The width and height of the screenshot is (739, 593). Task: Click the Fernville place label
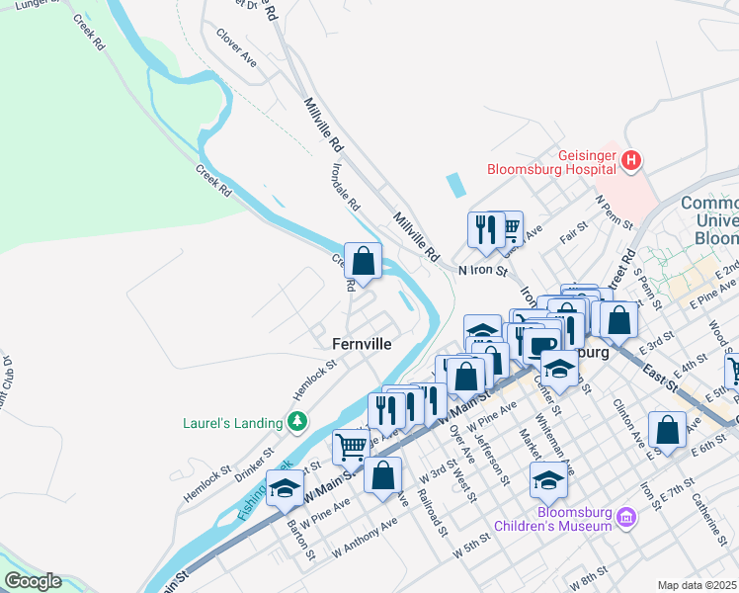[x=360, y=344]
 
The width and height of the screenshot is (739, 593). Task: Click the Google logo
[x=32, y=581]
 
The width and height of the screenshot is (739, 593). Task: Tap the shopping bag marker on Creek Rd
[x=364, y=262]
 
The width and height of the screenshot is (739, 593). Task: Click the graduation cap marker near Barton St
[x=285, y=488]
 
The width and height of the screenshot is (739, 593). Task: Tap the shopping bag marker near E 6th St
[x=668, y=430]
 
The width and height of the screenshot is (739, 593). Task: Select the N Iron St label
[x=482, y=269]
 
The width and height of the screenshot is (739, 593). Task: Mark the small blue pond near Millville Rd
[x=453, y=184]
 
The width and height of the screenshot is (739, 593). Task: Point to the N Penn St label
[x=613, y=211]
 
